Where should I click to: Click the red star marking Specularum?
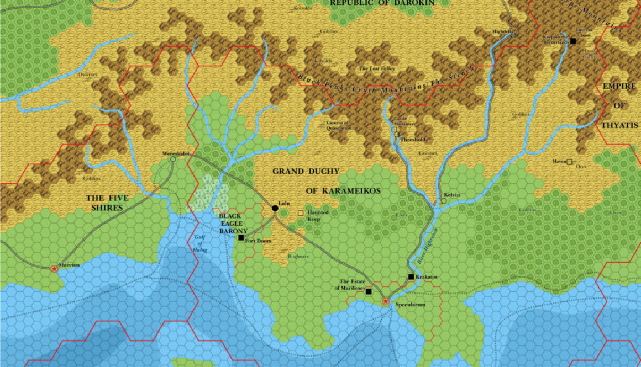pyautogui.click(x=386, y=301)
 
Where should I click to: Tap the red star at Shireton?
pyautogui.click(x=54, y=269)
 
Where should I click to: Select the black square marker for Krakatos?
pyautogui.click(x=411, y=276)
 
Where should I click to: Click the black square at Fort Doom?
pyautogui.click(x=241, y=238)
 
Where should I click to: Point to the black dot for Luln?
pyautogui.click(x=275, y=208)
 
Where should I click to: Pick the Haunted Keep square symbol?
pyautogui.click(x=301, y=212)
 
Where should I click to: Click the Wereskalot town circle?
pyautogui.click(x=173, y=159)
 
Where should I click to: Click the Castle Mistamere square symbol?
pyautogui.click(x=395, y=131)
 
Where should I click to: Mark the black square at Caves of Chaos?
pyautogui.click(x=574, y=41)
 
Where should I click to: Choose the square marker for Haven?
pyautogui.click(x=570, y=162)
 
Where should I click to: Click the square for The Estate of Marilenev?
pyautogui.click(x=369, y=291)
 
